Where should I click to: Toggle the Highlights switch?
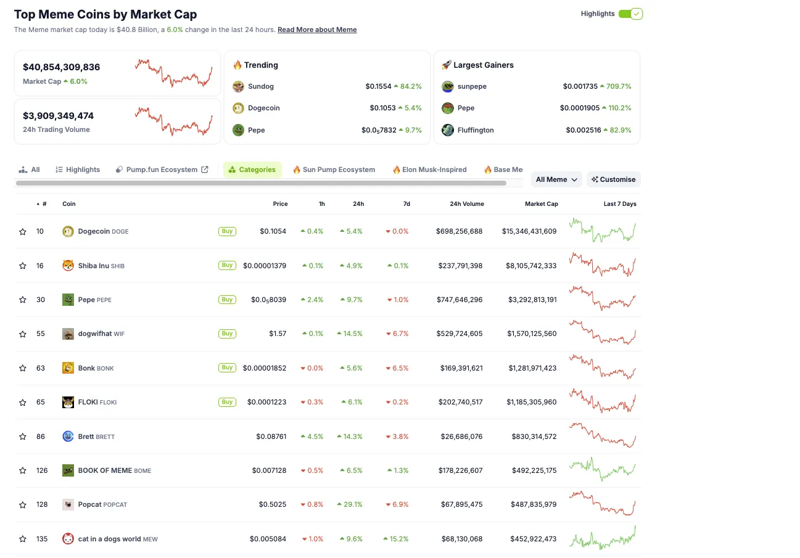630,14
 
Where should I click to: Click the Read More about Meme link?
317,30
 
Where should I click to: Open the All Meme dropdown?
556,179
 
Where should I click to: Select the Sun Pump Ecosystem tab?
334,170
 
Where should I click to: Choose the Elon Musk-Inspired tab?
429,170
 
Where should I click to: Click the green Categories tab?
252,170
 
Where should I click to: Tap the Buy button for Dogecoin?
227,231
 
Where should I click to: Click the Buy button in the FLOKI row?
227,402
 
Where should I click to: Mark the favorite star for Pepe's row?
23,300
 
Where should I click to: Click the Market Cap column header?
541,204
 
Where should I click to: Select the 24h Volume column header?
466,204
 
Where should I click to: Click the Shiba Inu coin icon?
68,266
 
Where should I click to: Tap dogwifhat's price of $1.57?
278,334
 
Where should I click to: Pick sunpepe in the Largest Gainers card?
472,86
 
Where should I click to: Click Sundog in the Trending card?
260,86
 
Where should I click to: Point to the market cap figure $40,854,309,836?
61,67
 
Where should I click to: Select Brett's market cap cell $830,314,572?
534,437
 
